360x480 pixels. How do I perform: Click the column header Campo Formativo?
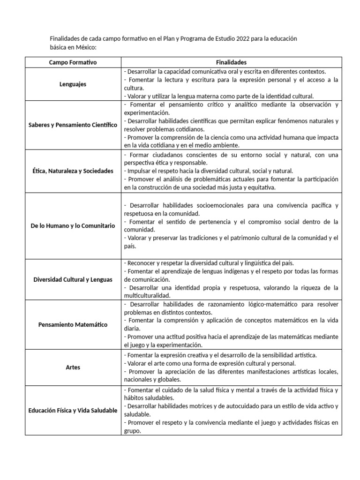tap(73, 62)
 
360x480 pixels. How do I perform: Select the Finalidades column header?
tap(231, 62)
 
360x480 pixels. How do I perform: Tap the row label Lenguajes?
tap(73, 84)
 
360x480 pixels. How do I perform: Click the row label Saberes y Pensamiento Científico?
tap(73, 125)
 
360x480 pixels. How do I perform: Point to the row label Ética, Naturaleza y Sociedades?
tap(73, 171)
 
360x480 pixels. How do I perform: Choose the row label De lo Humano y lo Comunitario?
tap(73, 225)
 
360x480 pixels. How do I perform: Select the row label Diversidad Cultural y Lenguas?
tap(73, 279)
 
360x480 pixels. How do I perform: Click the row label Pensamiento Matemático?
tap(73, 324)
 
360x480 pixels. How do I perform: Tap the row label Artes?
tap(73, 367)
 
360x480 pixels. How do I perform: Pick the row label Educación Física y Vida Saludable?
tap(73, 411)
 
